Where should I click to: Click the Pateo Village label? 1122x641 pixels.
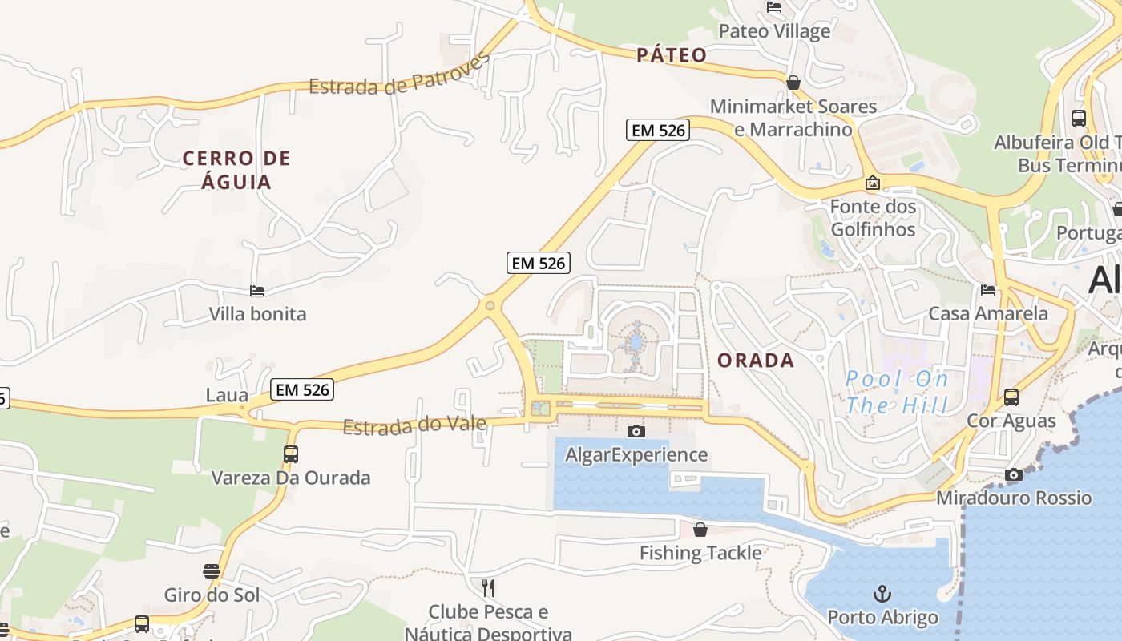(774, 31)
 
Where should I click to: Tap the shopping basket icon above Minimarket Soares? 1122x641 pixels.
(793, 83)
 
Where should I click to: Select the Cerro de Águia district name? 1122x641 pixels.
(236, 170)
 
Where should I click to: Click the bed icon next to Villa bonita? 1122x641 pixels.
(257, 291)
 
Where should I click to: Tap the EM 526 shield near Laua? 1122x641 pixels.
(302, 390)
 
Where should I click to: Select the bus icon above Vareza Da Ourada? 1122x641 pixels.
(291, 454)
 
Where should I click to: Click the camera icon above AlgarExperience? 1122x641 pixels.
(636, 432)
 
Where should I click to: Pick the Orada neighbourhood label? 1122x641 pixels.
(756, 361)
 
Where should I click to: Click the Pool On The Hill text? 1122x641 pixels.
(897, 392)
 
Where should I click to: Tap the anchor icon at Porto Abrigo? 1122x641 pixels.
(882, 594)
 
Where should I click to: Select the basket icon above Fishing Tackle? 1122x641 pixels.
(700, 530)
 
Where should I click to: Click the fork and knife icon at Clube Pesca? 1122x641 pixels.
(488, 588)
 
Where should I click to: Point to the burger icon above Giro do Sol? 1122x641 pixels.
(212, 571)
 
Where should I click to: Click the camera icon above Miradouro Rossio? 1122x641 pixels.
(1014, 474)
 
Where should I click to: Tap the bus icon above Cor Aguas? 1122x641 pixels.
(1011, 397)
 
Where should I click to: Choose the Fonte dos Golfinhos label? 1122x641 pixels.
(872, 218)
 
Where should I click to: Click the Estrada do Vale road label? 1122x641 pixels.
(414, 425)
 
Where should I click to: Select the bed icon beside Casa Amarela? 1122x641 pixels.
(988, 290)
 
